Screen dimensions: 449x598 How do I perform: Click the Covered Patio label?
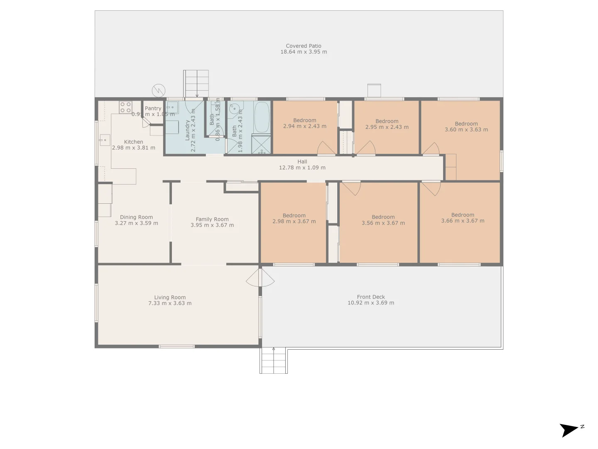click(303, 46)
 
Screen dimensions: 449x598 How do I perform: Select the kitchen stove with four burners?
click(125, 107)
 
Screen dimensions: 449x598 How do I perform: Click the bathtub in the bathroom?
click(262, 116)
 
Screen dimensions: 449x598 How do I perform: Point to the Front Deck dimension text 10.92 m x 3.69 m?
click(370, 303)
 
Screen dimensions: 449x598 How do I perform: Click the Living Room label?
click(170, 297)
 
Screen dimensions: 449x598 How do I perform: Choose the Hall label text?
click(302, 162)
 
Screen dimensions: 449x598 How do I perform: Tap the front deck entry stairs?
click(273, 360)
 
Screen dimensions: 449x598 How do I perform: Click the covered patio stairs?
click(196, 83)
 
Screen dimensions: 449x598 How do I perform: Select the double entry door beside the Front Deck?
click(260, 278)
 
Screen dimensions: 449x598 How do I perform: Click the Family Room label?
click(212, 219)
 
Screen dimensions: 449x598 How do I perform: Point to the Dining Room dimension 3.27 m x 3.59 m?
click(136, 223)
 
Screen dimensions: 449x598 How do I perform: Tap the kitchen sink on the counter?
click(104, 140)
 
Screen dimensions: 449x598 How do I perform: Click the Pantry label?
click(153, 109)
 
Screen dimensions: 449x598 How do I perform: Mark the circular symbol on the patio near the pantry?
click(159, 90)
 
